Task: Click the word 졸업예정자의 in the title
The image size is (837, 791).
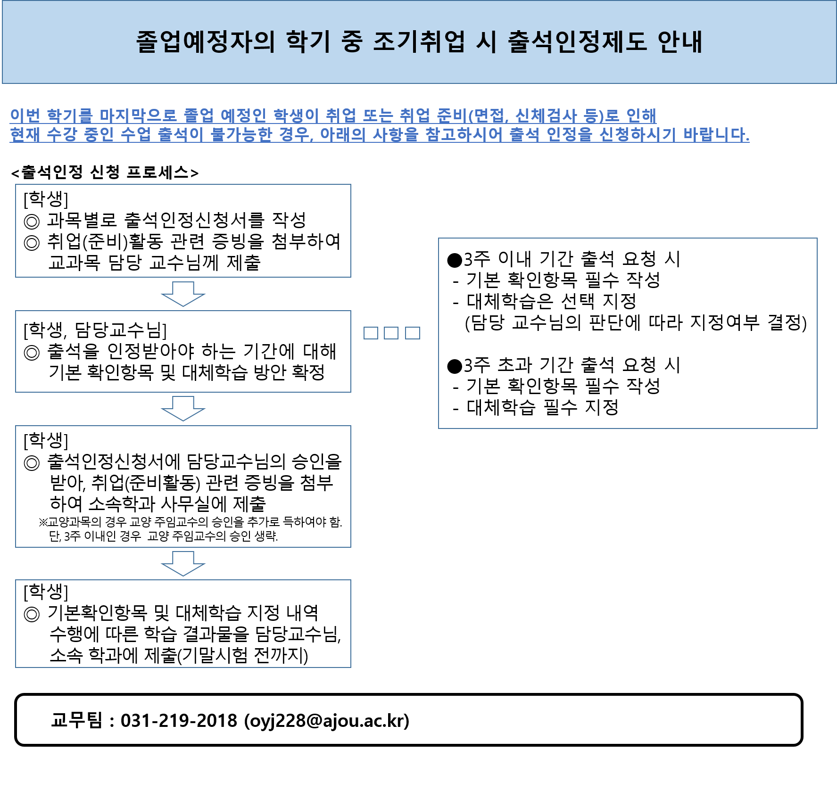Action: click(x=205, y=42)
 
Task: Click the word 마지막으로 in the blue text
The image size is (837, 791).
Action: click(x=138, y=115)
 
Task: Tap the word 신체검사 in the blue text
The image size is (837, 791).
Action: click(x=546, y=115)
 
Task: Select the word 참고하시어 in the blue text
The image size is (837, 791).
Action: click(x=464, y=135)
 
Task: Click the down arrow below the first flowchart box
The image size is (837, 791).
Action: click(x=183, y=294)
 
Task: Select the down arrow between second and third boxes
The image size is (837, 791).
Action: click(x=183, y=408)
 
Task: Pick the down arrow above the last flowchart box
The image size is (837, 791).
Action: click(x=183, y=563)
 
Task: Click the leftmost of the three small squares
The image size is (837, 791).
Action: click(x=371, y=333)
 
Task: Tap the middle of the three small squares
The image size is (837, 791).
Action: click(x=391, y=333)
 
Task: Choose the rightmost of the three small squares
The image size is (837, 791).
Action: click(x=413, y=333)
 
